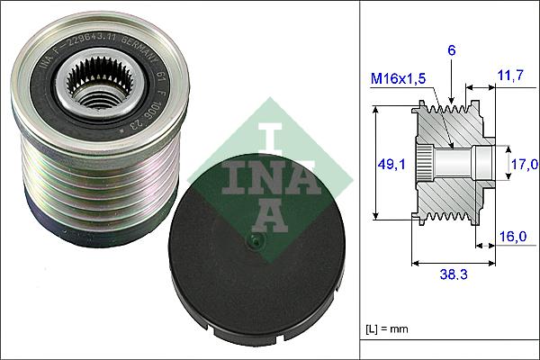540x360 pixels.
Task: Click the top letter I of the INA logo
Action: tap(266, 137)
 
